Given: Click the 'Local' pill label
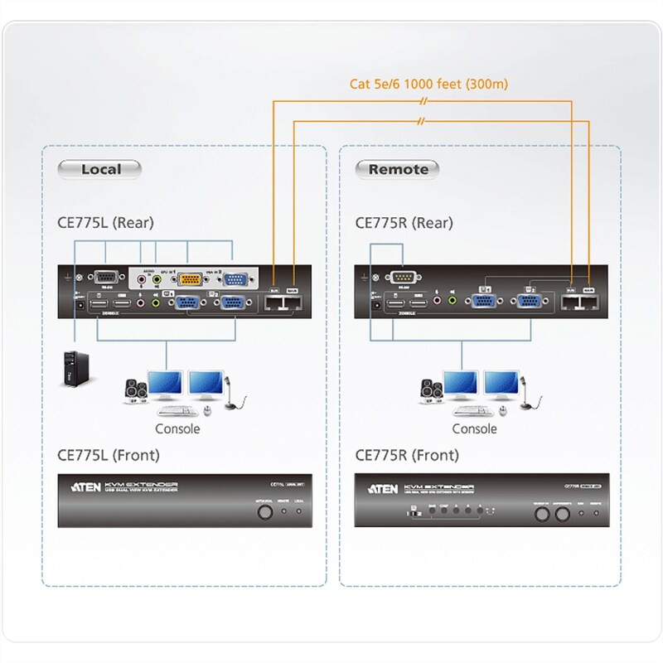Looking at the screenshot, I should click(100, 170).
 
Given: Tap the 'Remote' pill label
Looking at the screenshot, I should click(398, 170).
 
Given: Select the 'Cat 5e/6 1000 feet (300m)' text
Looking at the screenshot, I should click(428, 84).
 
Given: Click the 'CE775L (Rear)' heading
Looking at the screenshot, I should click(105, 222).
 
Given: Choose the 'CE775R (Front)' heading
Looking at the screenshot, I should click(406, 455).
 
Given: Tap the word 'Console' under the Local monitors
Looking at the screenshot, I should click(177, 428).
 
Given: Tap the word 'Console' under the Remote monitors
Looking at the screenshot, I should click(474, 428).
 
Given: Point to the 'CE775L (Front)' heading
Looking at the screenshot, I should click(108, 455).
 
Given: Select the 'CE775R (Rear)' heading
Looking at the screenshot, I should click(404, 222).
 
